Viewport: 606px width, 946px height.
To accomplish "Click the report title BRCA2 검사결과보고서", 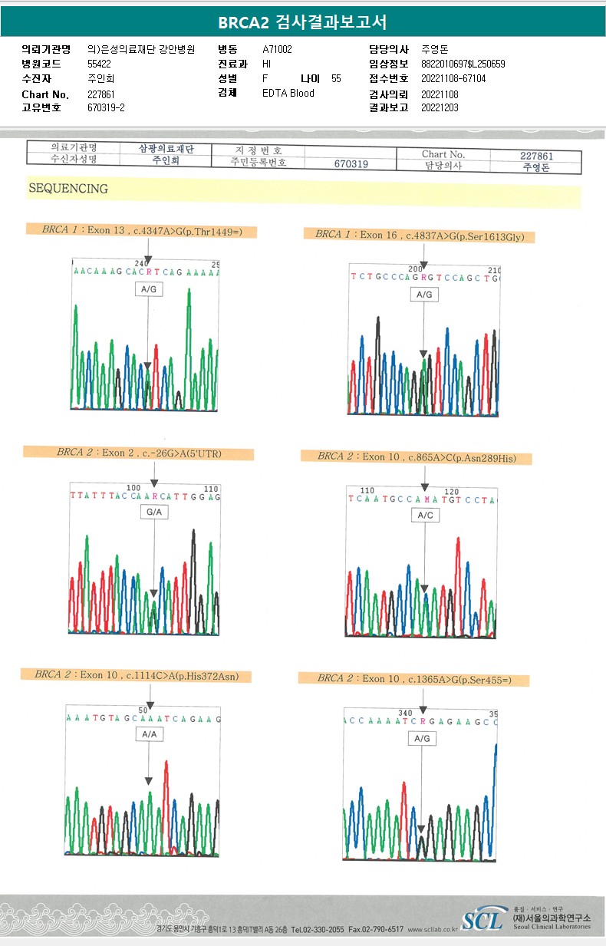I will (302, 21).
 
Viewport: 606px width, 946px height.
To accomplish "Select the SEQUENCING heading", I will (68, 188).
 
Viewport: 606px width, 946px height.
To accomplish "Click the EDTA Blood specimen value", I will (288, 94).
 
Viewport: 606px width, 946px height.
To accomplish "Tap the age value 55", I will (336, 79).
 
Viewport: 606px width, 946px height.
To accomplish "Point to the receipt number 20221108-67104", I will (453, 79).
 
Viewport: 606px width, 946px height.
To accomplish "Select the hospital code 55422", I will (99, 64).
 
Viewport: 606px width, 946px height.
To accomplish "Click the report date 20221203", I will (440, 108).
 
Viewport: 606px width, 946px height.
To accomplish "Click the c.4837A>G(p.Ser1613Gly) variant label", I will (420, 236).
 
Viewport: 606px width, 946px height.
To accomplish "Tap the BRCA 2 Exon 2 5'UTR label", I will (139, 453).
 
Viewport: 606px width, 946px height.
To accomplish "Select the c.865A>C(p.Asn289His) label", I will (417, 457).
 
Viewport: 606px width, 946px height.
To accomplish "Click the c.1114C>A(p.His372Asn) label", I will (137, 675).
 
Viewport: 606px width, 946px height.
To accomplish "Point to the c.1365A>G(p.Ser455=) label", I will (414, 679).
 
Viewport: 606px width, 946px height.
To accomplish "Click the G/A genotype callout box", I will (154, 513).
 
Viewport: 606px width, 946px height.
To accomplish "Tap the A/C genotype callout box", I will (425, 516).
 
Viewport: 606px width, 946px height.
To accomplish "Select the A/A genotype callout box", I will (149, 734).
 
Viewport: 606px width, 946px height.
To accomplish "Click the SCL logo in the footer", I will (483, 918).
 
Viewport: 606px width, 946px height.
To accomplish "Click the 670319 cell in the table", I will (351, 164).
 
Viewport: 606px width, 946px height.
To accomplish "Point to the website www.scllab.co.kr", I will (433, 929).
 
